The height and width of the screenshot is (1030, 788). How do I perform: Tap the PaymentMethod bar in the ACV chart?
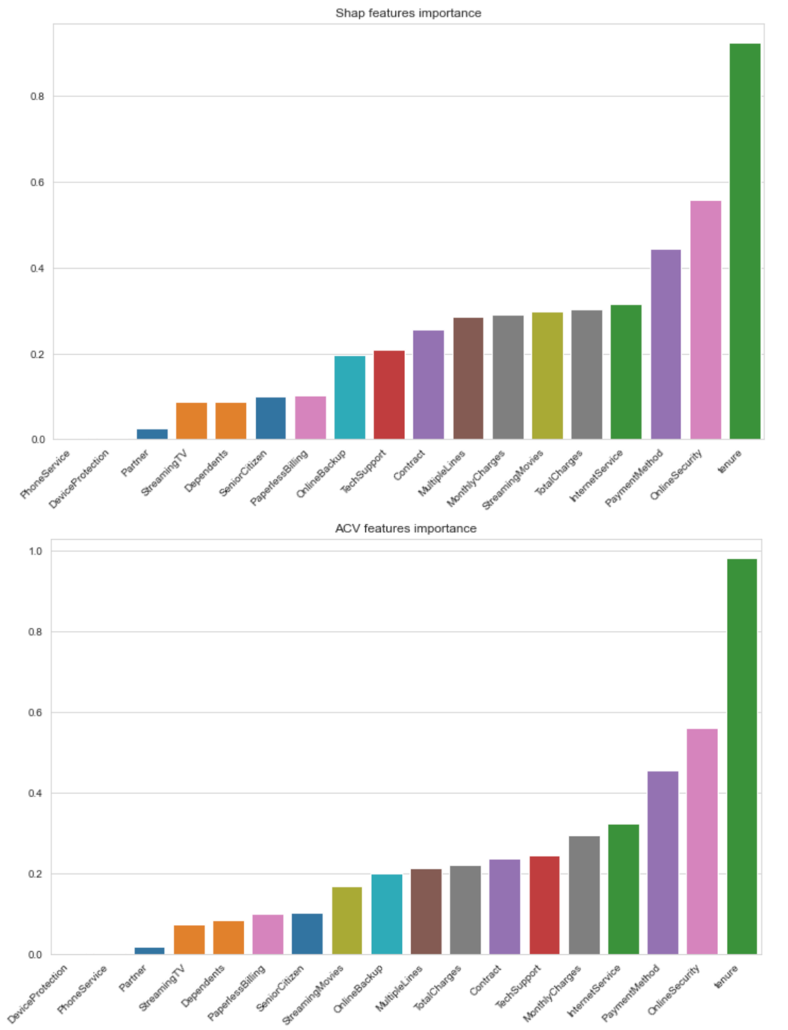point(662,863)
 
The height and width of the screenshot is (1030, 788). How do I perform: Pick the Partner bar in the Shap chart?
point(152,434)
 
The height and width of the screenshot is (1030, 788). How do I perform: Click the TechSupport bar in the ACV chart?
point(544,905)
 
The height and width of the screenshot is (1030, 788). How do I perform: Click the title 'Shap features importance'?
point(408,13)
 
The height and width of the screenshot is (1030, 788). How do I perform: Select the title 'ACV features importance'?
point(406,528)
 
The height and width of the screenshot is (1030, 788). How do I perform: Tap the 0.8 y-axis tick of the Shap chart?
point(37,97)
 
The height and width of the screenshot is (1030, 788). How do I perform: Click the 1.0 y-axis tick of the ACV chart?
point(35,551)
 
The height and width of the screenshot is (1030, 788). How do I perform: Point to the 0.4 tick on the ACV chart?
point(35,793)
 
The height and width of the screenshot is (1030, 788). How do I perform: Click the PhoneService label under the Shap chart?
point(45,474)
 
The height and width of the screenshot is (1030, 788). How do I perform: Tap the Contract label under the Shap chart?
point(409,465)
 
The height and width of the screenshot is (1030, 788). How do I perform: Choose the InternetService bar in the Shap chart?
point(626,372)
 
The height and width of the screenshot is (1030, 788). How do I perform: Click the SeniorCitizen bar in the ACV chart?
point(307,934)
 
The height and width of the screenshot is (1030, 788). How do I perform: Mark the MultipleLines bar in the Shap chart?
point(468,378)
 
